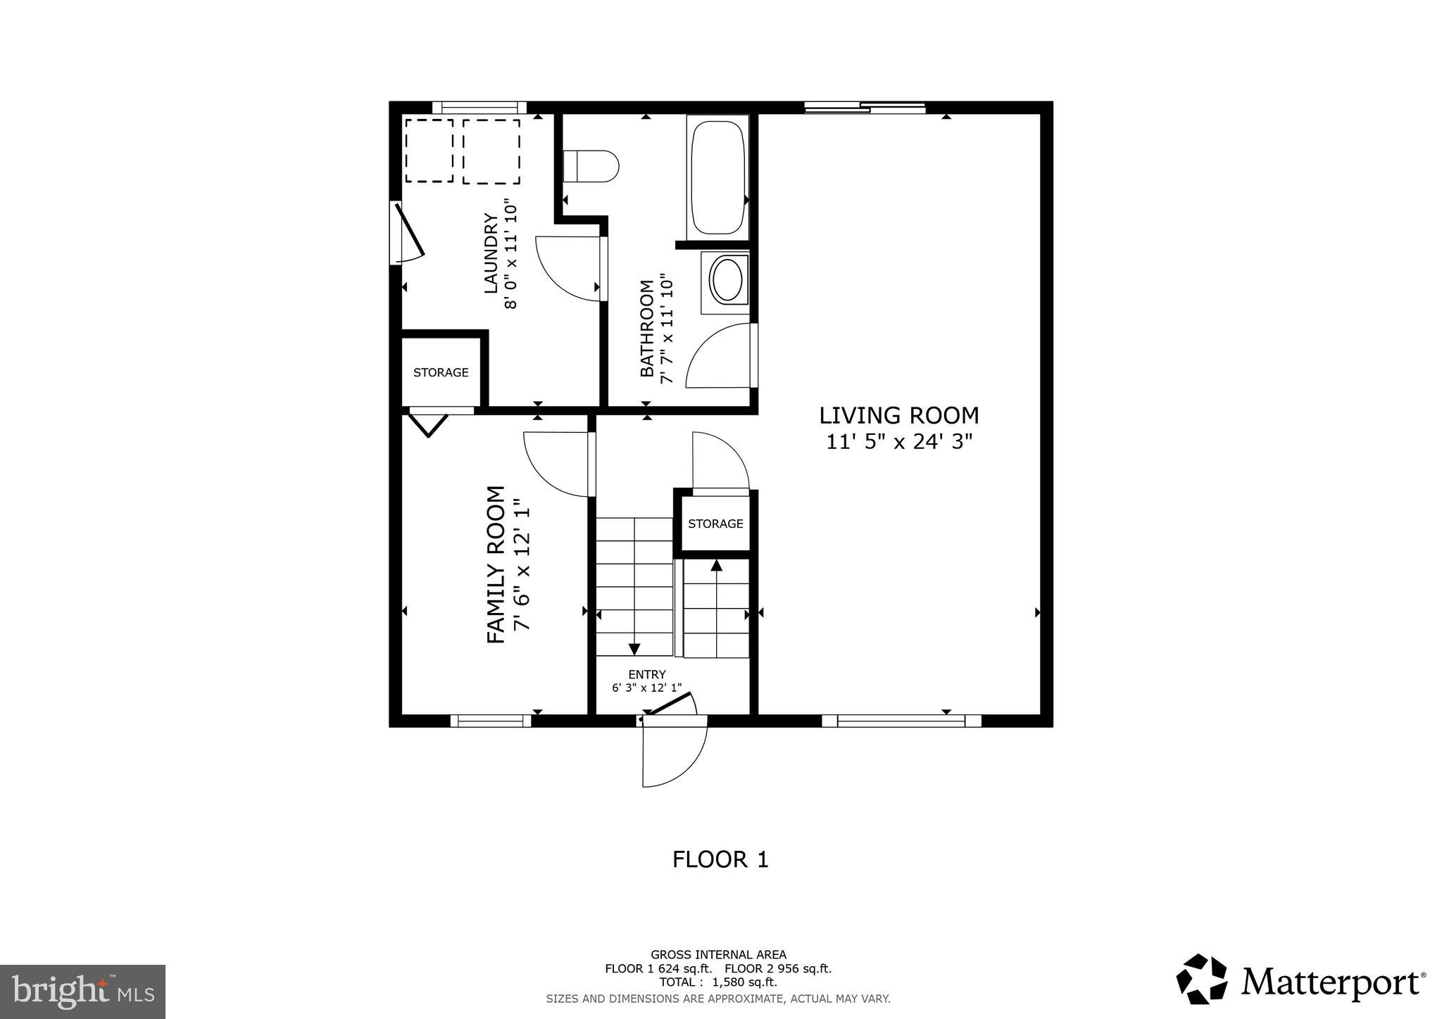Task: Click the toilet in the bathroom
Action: pyautogui.click(x=591, y=166)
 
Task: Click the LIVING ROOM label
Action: pyautogui.click(x=898, y=416)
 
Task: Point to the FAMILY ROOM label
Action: pyautogui.click(x=496, y=564)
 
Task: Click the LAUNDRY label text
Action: pyautogui.click(x=491, y=254)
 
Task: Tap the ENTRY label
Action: pyautogui.click(x=646, y=674)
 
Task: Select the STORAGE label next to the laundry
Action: pyautogui.click(x=441, y=372)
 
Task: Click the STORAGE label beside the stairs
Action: pyautogui.click(x=715, y=524)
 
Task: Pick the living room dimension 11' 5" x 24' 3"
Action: pyautogui.click(x=898, y=442)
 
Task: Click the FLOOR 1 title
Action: pyautogui.click(x=720, y=859)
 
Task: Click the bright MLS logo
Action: pyautogui.click(x=82, y=992)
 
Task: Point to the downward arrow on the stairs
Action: pyautogui.click(x=634, y=648)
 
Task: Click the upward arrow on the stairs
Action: pyautogui.click(x=716, y=565)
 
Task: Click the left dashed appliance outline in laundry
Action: pyautogui.click(x=429, y=151)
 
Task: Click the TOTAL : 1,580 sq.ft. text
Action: pyautogui.click(x=718, y=982)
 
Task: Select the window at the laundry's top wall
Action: pyautogui.click(x=479, y=108)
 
